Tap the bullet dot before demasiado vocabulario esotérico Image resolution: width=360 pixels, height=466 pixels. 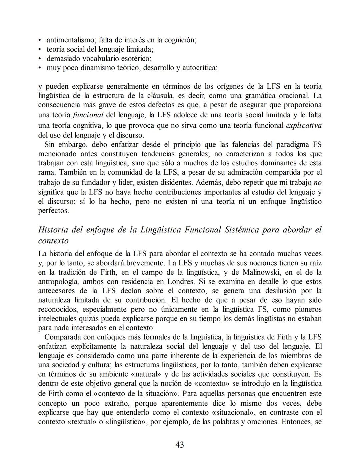coord(40,59)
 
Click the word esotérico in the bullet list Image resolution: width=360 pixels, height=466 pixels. coord(135,59)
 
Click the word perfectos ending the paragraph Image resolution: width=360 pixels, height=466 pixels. coord(54,211)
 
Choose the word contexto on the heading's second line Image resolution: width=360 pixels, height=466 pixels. coord(53,241)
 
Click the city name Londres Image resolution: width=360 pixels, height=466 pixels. coord(179,281)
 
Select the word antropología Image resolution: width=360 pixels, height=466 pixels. coord(58,281)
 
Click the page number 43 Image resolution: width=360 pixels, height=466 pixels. coord(180,445)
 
